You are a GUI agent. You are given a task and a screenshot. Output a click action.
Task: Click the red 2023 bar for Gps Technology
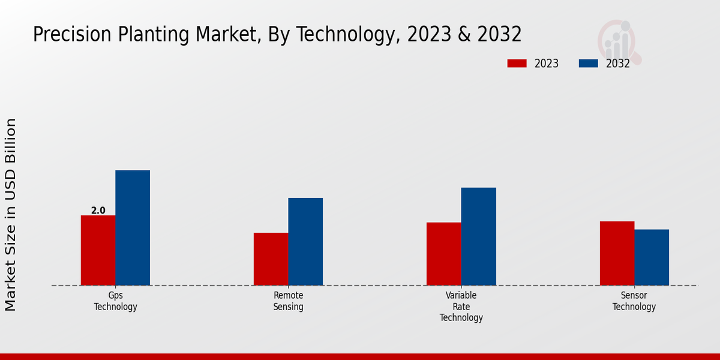pos(98,250)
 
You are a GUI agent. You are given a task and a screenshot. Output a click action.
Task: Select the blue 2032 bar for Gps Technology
pos(133,228)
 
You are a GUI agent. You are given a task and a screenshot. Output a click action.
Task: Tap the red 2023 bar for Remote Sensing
pos(271,259)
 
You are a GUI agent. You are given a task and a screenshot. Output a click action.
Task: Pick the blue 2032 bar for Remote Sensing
pos(305,242)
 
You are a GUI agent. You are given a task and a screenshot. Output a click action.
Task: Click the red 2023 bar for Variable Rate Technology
pos(444,254)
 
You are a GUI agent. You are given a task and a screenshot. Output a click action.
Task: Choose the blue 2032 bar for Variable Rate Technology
pos(479,236)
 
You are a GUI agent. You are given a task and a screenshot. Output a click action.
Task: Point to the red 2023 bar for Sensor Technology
pos(617,253)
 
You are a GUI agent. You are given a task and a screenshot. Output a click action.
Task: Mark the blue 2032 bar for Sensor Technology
pos(652,257)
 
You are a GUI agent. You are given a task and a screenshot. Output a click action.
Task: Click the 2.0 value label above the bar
pos(98,211)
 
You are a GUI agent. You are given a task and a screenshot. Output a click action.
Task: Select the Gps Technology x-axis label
pos(115,301)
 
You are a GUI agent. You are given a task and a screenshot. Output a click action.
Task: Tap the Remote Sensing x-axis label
pos(289,301)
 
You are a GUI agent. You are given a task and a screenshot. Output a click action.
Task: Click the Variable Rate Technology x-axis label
pos(461,307)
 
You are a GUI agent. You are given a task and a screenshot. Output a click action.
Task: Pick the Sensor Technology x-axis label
pos(634,301)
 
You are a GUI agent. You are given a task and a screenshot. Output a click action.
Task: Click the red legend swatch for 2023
pos(517,64)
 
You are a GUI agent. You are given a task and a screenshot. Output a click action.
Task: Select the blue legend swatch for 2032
pos(588,64)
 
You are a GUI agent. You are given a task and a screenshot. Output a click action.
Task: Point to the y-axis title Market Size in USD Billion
pos(11,215)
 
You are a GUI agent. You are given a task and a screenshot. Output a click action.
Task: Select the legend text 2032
pos(618,64)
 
